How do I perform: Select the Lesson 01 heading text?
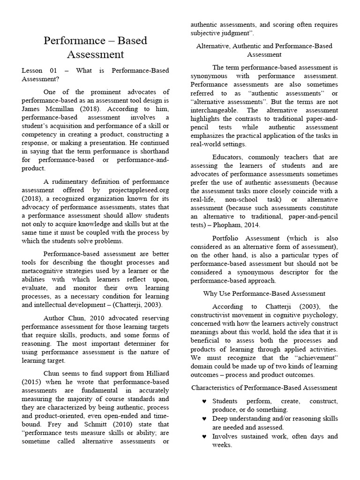click(96, 75)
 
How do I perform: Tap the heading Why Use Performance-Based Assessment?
click(264, 293)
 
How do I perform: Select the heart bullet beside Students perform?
click(204, 402)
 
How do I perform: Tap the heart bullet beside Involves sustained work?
click(204, 436)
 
